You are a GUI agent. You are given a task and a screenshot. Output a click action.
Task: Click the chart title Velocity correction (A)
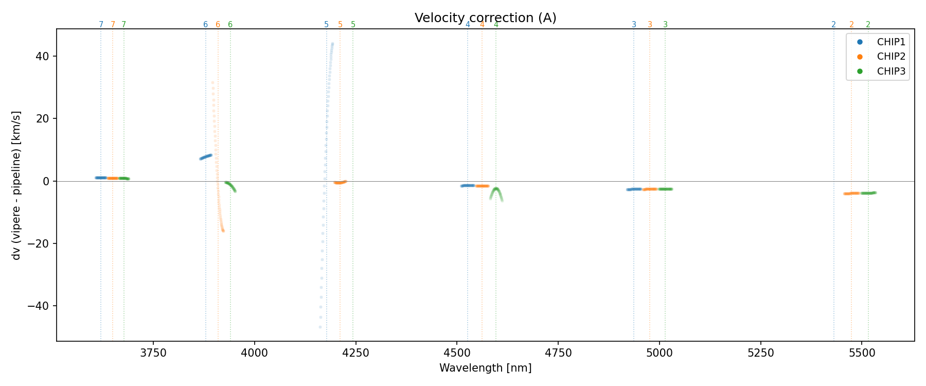pyautogui.click(x=485, y=18)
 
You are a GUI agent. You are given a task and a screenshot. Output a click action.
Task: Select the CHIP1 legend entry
pyautogui.click(x=891, y=42)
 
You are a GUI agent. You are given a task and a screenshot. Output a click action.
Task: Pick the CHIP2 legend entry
pyautogui.click(x=891, y=57)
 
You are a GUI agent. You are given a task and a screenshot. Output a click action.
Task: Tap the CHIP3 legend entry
pyautogui.click(x=891, y=72)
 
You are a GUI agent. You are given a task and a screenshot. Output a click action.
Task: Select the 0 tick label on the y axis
pyautogui.click(x=46, y=181)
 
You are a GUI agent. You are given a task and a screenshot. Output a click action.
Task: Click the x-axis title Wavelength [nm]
pyautogui.click(x=485, y=368)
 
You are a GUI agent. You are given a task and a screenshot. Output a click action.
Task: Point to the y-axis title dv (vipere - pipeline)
pyautogui.click(x=16, y=185)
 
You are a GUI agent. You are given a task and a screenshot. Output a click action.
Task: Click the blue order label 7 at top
pyautogui.click(x=101, y=25)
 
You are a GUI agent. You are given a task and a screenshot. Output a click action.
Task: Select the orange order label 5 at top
pyautogui.click(x=340, y=25)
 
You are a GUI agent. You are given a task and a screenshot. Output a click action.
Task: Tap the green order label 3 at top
pyautogui.click(x=665, y=25)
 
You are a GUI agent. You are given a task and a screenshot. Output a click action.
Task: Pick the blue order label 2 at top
pyautogui.click(x=833, y=25)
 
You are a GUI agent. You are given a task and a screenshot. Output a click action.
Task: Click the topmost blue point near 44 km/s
pyautogui.click(x=333, y=44)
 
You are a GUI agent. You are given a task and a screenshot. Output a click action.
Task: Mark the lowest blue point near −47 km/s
pyautogui.click(x=320, y=327)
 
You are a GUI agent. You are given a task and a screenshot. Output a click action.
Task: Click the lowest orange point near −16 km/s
pyautogui.click(x=223, y=231)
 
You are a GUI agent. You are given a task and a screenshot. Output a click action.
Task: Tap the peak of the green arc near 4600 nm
pyautogui.click(x=496, y=189)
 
